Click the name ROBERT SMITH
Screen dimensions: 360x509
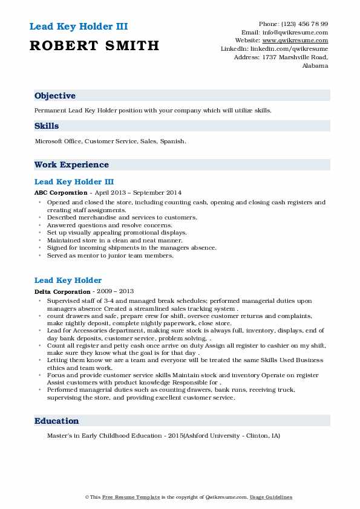(94, 45)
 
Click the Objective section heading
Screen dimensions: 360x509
(55, 96)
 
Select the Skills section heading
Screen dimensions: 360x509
(47, 126)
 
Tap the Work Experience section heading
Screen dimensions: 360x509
(71, 164)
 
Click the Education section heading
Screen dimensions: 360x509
(56, 421)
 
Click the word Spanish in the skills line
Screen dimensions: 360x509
(172, 141)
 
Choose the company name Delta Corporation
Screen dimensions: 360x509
(61, 291)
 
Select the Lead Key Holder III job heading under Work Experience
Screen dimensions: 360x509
(74, 181)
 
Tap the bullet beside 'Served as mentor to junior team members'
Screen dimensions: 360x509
(40, 255)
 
